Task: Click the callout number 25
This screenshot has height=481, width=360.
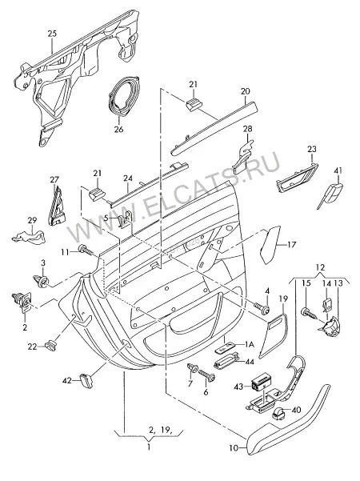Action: (53, 34)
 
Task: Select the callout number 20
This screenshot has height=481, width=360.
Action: (246, 91)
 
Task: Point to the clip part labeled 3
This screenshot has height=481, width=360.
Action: (41, 280)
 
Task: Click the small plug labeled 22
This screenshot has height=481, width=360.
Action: (50, 345)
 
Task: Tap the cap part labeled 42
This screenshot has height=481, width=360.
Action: (86, 380)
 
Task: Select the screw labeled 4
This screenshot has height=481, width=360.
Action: (262, 309)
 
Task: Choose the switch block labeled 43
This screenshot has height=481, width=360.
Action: (261, 383)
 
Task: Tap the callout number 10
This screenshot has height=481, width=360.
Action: (234, 448)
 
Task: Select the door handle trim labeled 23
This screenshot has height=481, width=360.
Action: (297, 178)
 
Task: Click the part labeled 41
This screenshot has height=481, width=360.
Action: (330, 194)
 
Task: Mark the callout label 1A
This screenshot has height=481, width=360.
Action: (250, 344)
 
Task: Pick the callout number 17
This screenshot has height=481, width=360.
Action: (292, 244)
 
